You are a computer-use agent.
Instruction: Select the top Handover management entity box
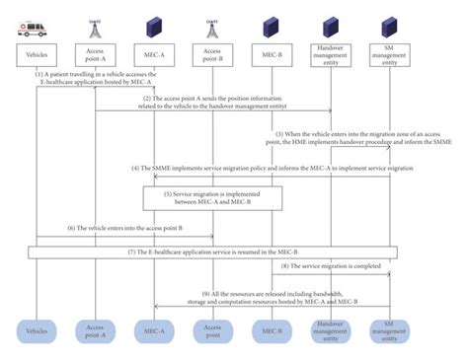(x=330, y=53)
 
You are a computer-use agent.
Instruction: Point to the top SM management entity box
(x=388, y=53)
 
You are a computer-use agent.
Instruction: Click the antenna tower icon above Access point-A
(x=95, y=24)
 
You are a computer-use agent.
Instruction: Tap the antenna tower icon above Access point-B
(x=212, y=24)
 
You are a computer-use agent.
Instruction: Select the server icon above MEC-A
(x=153, y=24)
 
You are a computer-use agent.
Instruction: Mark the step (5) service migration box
(x=212, y=198)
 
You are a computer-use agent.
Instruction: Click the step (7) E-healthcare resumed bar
(x=212, y=252)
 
